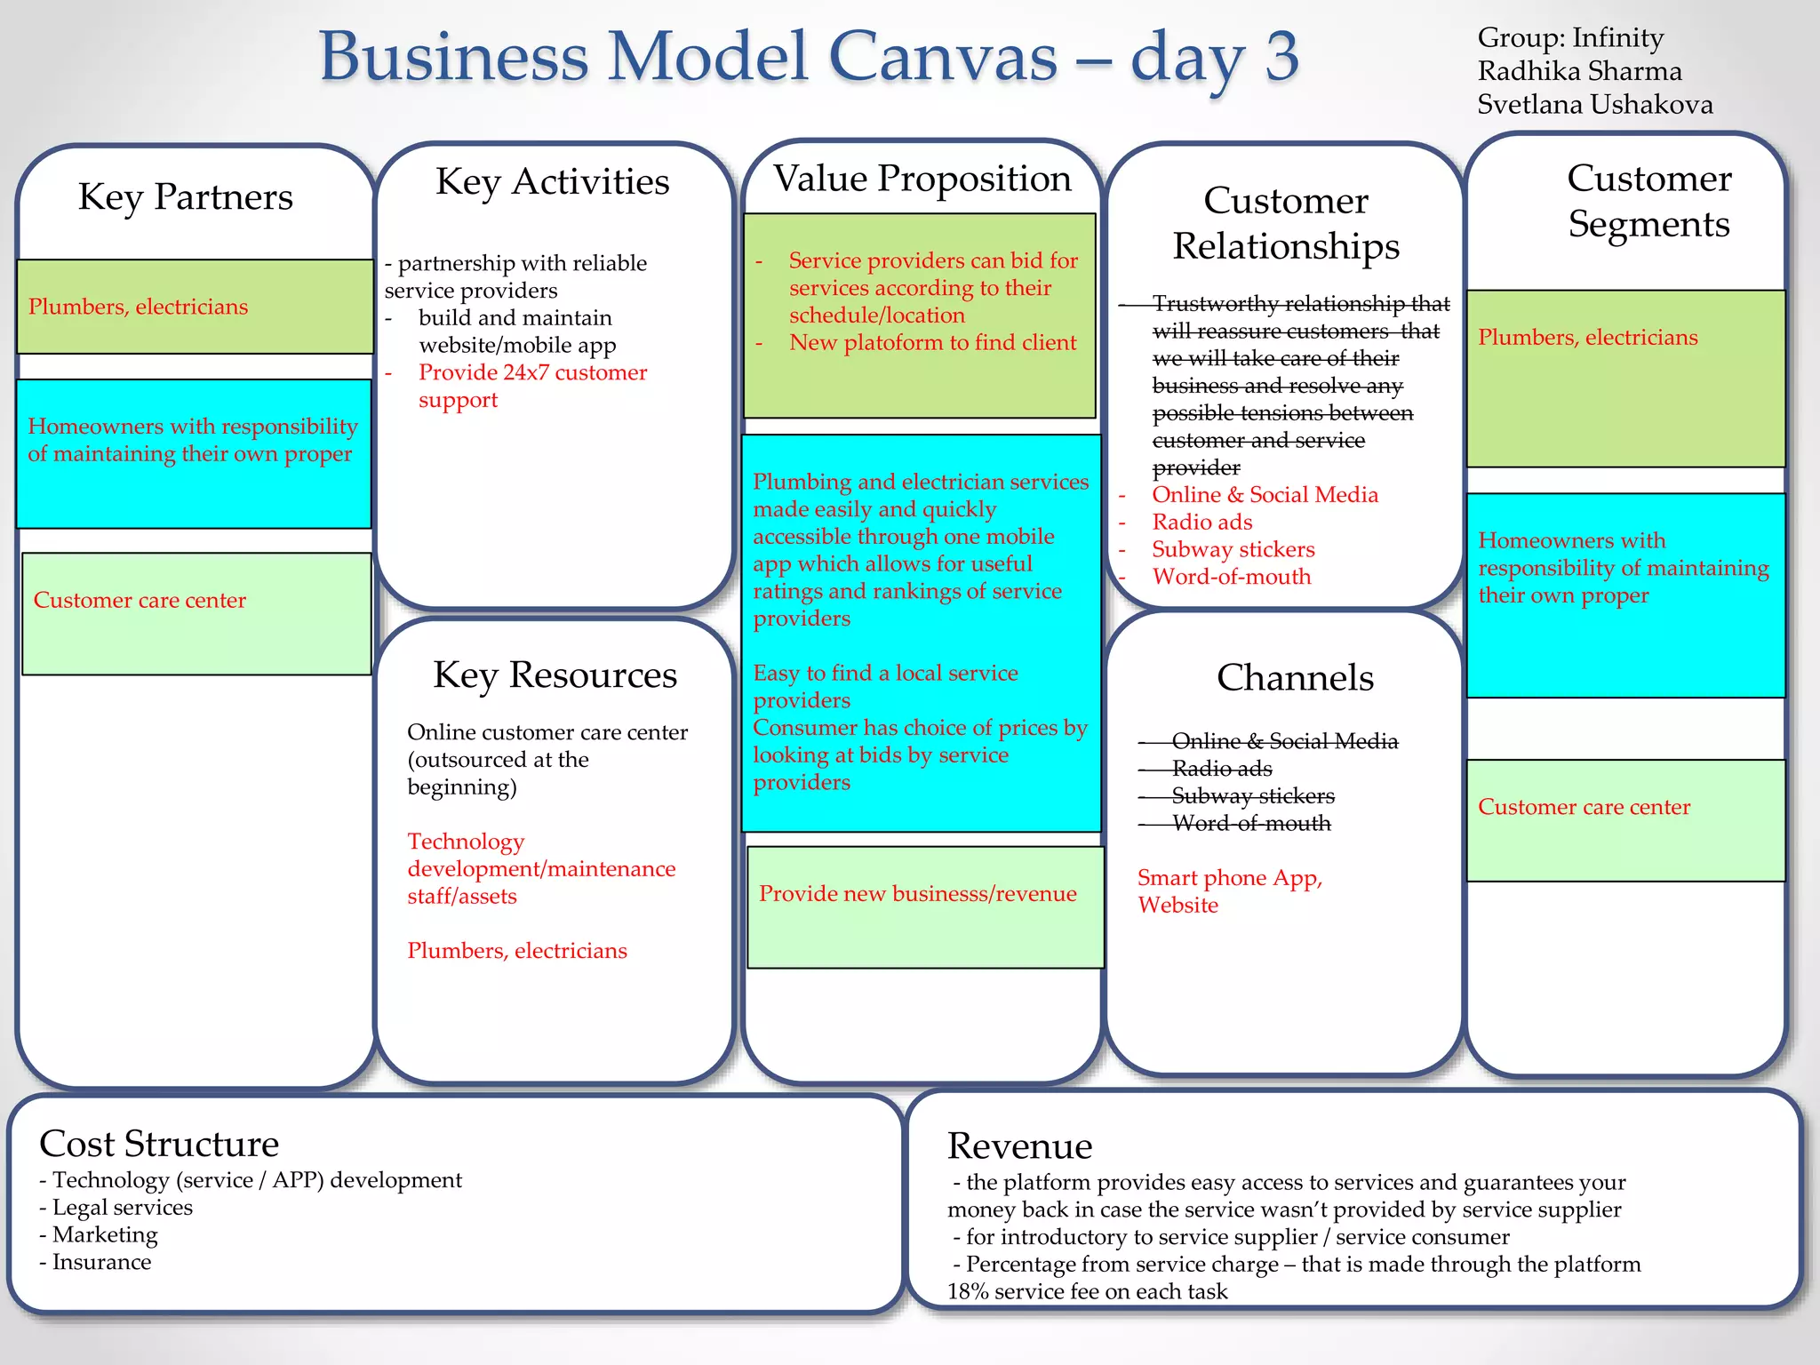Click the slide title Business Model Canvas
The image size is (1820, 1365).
(809, 57)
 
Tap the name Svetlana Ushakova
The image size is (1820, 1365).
(1594, 105)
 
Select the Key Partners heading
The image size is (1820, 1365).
(185, 196)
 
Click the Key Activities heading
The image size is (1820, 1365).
(552, 181)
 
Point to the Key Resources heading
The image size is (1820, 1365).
(555, 675)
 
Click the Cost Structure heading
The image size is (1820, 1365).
(159, 1144)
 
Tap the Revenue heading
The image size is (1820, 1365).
(1019, 1146)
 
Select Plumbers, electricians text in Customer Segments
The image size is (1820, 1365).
(1587, 338)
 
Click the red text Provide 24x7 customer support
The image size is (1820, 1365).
(532, 386)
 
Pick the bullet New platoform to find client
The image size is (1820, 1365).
(932, 343)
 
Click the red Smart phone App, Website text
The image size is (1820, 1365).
(1229, 891)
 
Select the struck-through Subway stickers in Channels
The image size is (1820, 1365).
(1252, 796)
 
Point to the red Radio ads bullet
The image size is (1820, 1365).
(1201, 523)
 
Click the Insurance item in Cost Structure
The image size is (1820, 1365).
(101, 1263)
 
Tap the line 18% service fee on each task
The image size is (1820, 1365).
(1087, 1292)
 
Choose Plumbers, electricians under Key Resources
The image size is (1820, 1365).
(516, 951)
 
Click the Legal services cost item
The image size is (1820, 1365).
(122, 1208)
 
